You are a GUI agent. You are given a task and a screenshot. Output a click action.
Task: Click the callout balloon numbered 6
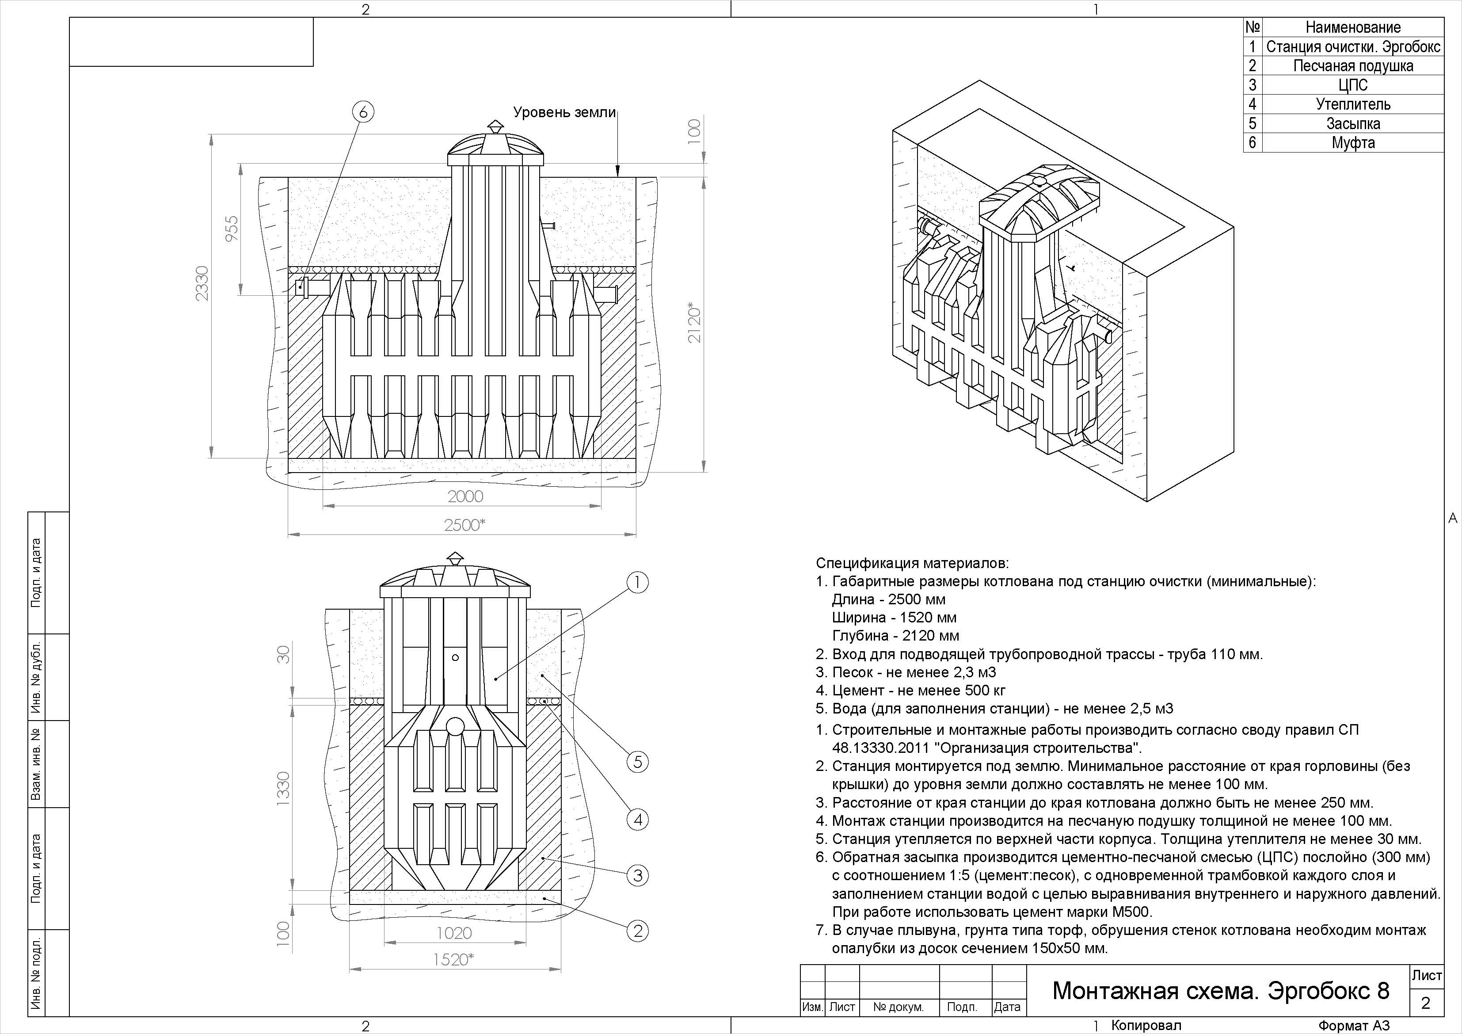tap(363, 112)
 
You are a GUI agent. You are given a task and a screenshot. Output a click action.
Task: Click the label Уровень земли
tap(565, 113)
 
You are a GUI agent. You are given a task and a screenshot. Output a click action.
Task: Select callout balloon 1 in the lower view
tap(637, 582)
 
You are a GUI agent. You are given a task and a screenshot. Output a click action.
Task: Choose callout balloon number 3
tap(637, 875)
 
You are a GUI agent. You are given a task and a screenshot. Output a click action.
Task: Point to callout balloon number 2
tap(637, 931)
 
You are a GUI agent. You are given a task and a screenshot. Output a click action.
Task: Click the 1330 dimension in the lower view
tap(283, 788)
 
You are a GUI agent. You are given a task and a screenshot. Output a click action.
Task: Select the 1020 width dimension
tap(454, 933)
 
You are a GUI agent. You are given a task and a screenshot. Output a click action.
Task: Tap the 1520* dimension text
tap(454, 959)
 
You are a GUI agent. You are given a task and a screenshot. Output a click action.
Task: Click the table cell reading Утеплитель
tap(1353, 104)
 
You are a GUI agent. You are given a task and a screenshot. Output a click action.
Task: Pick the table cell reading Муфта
tap(1353, 142)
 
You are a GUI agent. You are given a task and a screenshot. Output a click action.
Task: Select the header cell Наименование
tap(1353, 27)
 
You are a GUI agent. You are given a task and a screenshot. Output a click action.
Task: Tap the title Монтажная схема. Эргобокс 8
tap(1221, 991)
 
